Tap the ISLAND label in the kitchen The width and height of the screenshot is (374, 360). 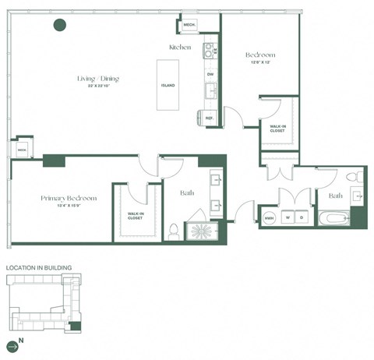tap(167, 85)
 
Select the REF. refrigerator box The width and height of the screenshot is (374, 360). tap(209, 118)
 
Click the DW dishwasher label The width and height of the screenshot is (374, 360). tap(210, 75)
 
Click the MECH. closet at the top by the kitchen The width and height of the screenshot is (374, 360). tap(189, 25)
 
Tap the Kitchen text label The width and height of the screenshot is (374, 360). tap(180, 48)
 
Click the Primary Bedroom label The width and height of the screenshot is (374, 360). tap(69, 199)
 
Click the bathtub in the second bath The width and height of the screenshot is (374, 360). tap(335, 217)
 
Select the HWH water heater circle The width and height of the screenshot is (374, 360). tap(270, 217)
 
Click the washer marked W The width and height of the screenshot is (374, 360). tap(288, 217)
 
